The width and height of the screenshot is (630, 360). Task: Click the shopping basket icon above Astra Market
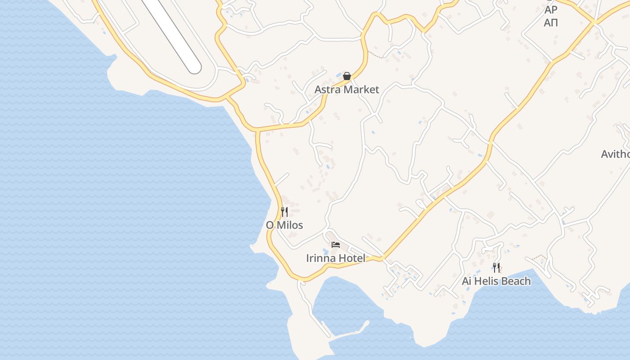coord(346,76)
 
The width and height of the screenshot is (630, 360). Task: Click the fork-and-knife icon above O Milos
coord(284,211)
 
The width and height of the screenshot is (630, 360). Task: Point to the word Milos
coord(291,225)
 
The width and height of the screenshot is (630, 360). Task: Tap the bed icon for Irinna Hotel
coord(336,245)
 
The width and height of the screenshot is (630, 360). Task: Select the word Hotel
coord(353,258)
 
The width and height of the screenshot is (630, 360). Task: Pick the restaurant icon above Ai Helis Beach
coord(496,268)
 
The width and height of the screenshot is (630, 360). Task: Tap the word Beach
coord(516,281)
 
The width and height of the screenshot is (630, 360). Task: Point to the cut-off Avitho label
coord(615,154)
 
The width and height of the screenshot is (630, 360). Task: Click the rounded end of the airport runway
coord(194,67)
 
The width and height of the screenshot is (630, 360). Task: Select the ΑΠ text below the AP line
coord(551,22)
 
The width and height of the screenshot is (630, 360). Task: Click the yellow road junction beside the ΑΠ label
coord(594,22)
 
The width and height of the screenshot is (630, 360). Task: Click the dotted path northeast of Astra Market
coord(376,55)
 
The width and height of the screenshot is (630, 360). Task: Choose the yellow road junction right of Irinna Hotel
coord(382,259)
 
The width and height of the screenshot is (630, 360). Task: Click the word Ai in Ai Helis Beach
coord(467,281)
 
